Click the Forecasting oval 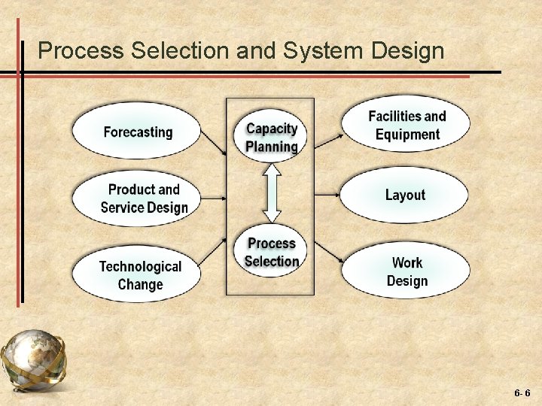pos(137,132)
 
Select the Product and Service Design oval pos(137,198)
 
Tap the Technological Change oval pos(137,275)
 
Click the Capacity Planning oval pos(272,137)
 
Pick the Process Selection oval pos(272,252)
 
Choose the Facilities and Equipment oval pos(406,125)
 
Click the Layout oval pos(405,195)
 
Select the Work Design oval pos(406,271)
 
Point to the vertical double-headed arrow pos(272,194)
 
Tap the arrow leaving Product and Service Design pos(215,198)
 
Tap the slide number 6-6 pos(522,393)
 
